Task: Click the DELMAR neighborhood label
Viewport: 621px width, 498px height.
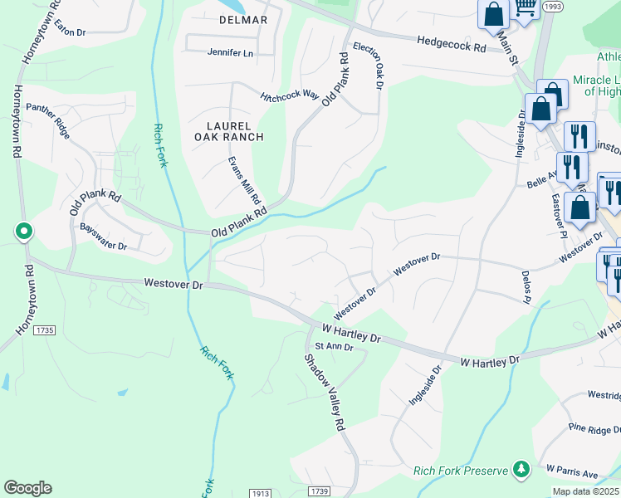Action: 220,20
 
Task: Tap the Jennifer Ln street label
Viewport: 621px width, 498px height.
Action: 229,53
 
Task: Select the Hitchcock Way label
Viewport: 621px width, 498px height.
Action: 290,95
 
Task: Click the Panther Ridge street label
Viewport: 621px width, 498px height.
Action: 48,114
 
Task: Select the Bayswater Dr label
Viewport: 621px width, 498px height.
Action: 103,236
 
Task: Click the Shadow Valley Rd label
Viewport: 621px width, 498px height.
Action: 324,393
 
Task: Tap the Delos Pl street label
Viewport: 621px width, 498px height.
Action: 525,286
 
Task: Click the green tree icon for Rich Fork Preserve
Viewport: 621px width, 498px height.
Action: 521,470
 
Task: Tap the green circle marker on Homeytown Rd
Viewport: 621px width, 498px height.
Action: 24,231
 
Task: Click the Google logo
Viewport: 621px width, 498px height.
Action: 27,488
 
